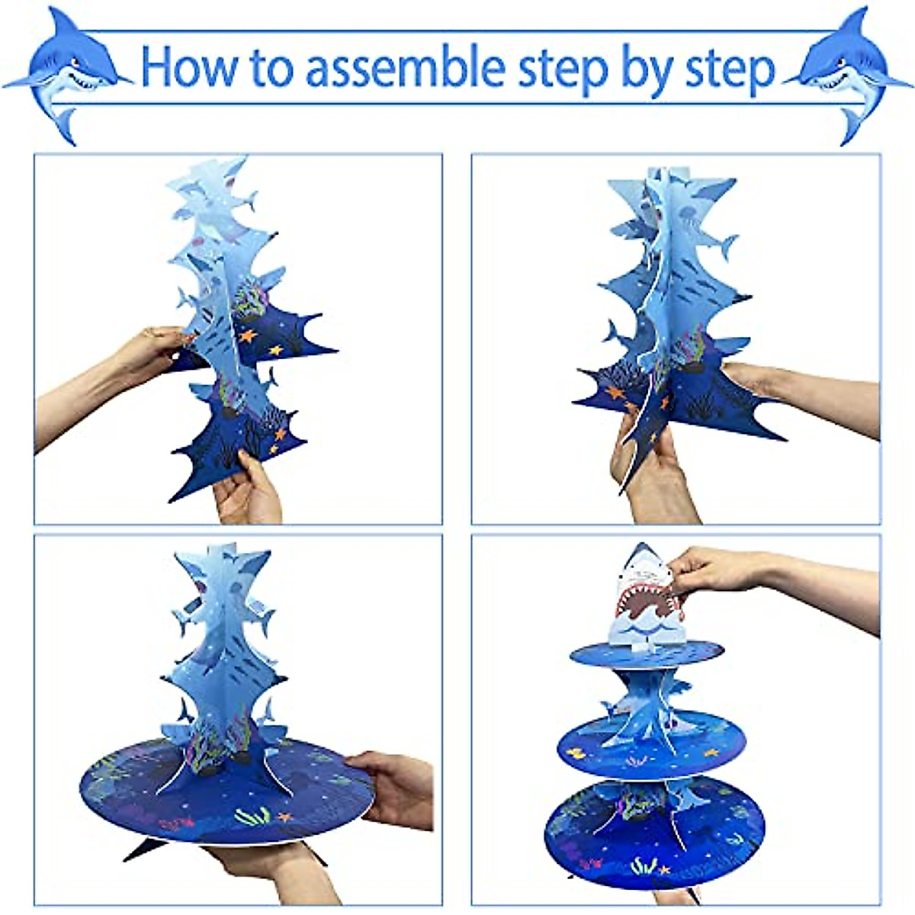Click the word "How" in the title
click(x=188, y=67)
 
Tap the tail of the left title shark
click(x=64, y=124)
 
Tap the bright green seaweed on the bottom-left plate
click(x=252, y=816)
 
